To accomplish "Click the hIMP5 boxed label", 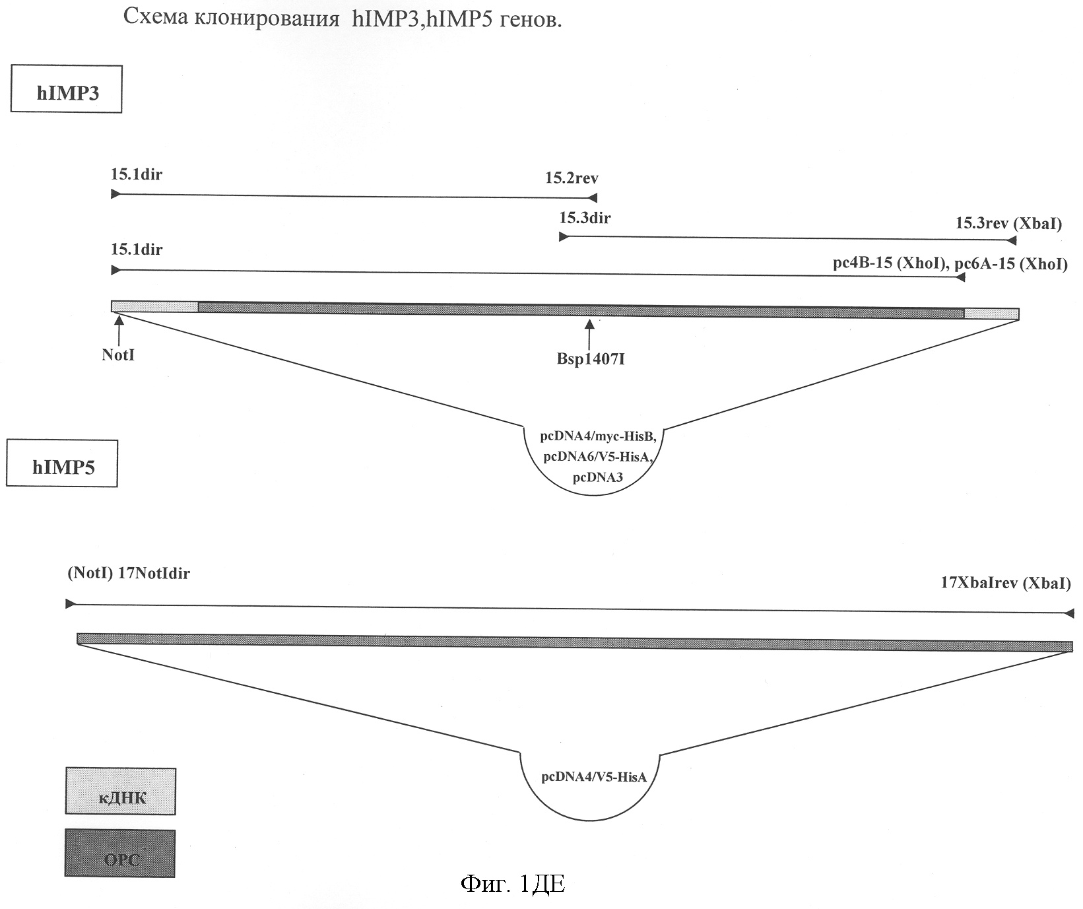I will click(x=63, y=467).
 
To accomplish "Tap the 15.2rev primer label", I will click(x=572, y=178).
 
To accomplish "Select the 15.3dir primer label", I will click(x=585, y=218).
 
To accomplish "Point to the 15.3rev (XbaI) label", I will click(x=1008, y=223).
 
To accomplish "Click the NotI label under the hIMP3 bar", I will click(x=118, y=355).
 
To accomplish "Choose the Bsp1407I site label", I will click(x=590, y=360).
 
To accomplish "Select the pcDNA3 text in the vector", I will click(x=598, y=478).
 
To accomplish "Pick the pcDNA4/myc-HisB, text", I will click(x=599, y=436).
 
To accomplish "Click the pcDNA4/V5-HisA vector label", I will click(x=593, y=777).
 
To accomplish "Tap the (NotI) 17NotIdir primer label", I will click(x=129, y=573).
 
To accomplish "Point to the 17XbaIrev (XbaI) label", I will click(x=1005, y=583).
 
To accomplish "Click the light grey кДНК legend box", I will click(x=121, y=791).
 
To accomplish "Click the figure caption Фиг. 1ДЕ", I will click(x=511, y=885).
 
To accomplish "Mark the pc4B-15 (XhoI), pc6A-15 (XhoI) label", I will click(x=950, y=264).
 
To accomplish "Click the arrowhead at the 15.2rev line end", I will click(x=593, y=197).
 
